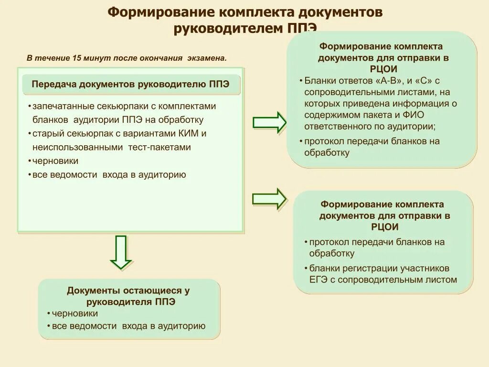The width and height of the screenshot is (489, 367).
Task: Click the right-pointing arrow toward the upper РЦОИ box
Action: tap(269, 123)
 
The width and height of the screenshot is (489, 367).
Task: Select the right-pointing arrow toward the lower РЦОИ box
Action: tap(269, 198)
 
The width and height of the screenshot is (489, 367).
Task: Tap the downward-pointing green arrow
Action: tap(121, 252)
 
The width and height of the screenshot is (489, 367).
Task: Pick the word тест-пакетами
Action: tap(159, 147)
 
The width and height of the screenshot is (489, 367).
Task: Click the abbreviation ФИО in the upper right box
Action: tap(414, 115)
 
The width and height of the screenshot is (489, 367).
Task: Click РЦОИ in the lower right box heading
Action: tap(384, 227)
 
